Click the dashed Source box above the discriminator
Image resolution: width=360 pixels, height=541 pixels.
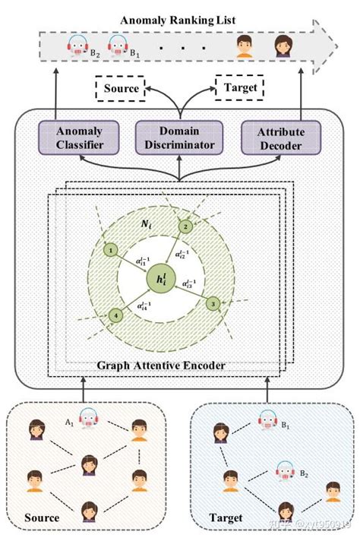pos(121,89)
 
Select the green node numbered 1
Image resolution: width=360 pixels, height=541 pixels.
pos(111,249)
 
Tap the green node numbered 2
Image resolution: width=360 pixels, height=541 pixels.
pos(184,226)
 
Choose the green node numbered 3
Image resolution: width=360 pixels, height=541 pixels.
pos(213,304)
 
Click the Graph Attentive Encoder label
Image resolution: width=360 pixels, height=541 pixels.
pos(161,365)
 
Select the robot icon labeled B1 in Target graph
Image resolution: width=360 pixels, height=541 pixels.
pos(267,419)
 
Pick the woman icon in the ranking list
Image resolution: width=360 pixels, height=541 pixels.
pos(280,48)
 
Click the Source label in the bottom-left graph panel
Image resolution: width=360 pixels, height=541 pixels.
pos(41,518)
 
